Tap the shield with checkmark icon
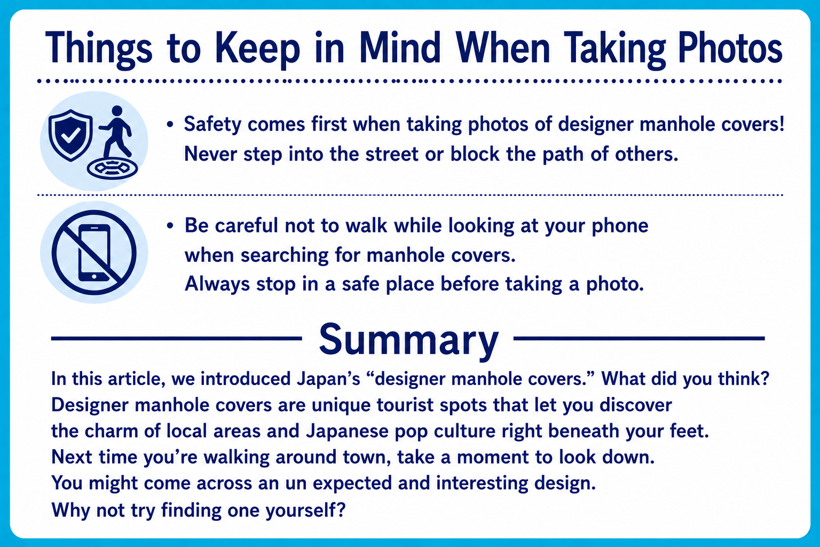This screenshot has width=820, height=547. tap(70, 135)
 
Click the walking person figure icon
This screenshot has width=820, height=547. tap(115, 131)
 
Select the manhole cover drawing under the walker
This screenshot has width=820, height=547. tap(113, 168)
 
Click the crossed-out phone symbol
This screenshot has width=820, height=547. tap(94, 253)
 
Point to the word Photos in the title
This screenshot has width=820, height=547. tap(730, 49)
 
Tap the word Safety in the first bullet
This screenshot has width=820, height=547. tap(212, 124)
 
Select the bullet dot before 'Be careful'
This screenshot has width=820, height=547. tap(170, 225)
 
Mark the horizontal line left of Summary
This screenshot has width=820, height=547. tap(177, 339)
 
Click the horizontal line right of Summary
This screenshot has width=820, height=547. tap(639, 339)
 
